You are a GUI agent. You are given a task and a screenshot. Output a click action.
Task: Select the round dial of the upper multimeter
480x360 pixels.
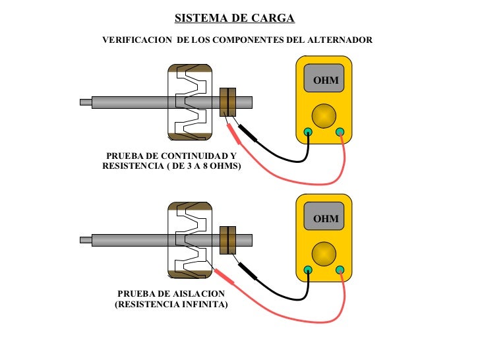(324, 116)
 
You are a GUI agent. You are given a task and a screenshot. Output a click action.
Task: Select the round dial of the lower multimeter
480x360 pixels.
(324, 254)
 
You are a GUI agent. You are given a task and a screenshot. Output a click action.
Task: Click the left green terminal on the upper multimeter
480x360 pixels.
(308, 132)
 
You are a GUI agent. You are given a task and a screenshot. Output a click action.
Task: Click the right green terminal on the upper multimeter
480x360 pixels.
(340, 132)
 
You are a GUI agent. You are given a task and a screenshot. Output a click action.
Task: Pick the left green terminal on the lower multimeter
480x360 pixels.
(308, 270)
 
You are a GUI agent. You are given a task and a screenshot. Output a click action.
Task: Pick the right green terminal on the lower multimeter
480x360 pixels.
(340, 270)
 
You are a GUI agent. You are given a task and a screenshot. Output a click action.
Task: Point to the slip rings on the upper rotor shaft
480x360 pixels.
(227, 102)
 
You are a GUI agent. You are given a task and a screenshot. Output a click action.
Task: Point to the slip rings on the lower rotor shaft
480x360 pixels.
(227, 240)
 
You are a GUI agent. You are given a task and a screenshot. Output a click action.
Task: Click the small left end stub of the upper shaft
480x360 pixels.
(86, 102)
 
